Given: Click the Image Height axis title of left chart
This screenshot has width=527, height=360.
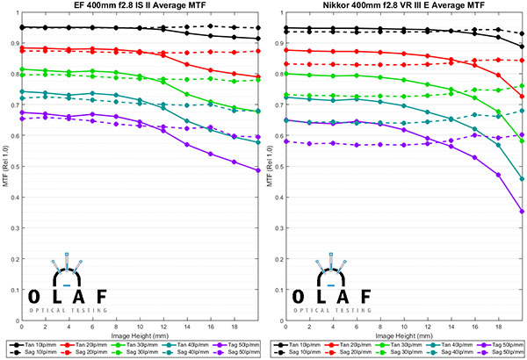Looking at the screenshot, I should pos(140,335).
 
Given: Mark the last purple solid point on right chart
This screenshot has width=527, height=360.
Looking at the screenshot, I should pos(523,212).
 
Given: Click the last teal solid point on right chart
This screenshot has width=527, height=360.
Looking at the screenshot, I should pos(523,178).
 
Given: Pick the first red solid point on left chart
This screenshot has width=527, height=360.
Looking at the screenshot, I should pos(22,47).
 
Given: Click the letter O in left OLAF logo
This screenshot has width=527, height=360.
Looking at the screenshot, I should pos(30,296).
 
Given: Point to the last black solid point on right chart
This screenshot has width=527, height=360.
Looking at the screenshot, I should pos(523,47).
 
